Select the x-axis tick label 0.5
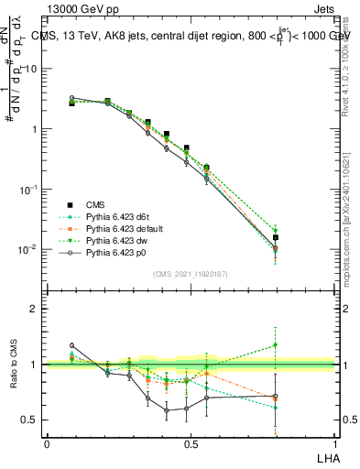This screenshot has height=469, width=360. (x=191, y=442)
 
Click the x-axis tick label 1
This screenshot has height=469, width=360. (x=335, y=442)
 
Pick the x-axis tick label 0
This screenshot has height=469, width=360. (x=47, y=442)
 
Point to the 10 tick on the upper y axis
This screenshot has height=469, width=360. (x=31, y=70)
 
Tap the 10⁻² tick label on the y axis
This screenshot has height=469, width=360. (x=28, y=248)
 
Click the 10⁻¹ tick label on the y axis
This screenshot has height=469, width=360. (x=28, y=189)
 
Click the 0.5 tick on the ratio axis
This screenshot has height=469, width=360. (x=29, y=420)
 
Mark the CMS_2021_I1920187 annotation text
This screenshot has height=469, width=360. (x=191, y=273)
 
